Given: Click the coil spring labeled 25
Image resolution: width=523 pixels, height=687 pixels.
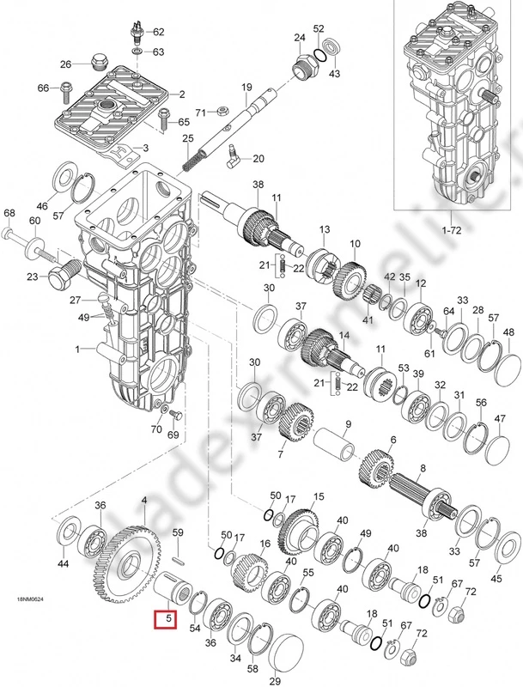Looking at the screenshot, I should click(197, 155).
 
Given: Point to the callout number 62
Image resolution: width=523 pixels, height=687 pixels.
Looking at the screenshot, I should click(158, 32).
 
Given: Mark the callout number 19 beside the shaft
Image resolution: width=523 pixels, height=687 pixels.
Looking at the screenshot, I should click(246, 87).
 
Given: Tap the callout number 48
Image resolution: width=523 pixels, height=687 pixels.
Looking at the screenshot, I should click(508, 332).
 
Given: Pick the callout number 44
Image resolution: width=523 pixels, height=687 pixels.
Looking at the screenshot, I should click(63, 564).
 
